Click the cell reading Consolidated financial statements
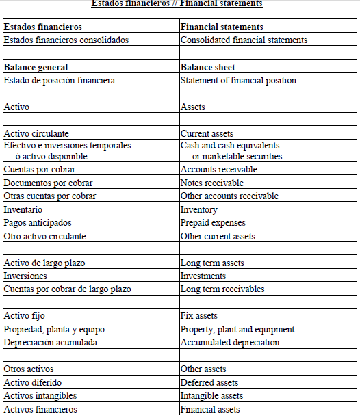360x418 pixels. pyautogui.click(x=244, y=40)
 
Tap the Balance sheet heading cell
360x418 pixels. pyautogui.click(x=208, y=68)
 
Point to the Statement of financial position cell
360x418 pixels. pyautogui.click(x=238, y=81)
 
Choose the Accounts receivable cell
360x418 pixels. pyautogui.click(x=219, y=170)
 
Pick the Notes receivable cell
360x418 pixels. pyautogui.click(x=212, y=183)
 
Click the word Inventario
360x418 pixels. pyautogui.click(x=23, y=210)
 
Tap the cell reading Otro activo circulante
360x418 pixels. pyautogui.click(x=45, y=237)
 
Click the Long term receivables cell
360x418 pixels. pyautogui.click(x=222, y=289)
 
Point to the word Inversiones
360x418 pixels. pyautogui.click(x=25, y=276)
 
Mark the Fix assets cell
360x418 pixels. pyautogui.click(x=199, y=316)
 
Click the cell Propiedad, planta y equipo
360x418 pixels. pyautogui.click(x=55, y=330)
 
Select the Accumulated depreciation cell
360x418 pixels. pyautogui.click(x=230, y=343)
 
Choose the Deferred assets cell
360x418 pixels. pyautogui.click(x=209, y=383)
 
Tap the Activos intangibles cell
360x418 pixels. pyautogui.click(x=40, y=396)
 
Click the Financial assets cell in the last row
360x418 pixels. pyautogui.click(x=210, y=410)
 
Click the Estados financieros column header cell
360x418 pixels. pyautogui.click(x=43, y=27)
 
